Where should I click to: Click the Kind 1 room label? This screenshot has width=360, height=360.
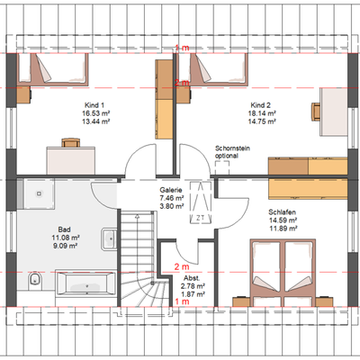coord(83,104)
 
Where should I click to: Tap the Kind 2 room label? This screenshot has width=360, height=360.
coord(262,104)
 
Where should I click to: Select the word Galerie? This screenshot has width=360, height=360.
coord(172,190)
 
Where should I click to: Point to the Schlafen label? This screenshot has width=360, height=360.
coord(280,212)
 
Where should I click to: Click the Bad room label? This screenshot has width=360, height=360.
coord(64,229)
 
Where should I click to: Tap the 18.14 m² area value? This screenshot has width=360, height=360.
coord(262,114)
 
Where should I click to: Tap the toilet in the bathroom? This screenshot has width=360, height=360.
coord(34,280)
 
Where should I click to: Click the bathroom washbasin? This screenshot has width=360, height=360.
coord(109,238)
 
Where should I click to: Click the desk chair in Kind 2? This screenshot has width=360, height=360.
coord(317,110)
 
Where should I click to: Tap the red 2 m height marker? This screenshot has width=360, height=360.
coord(181,267)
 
